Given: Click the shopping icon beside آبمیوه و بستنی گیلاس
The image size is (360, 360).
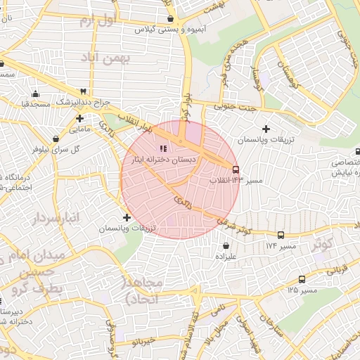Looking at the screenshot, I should [170, 18].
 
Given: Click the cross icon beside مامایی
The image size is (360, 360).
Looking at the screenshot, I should [80, 118].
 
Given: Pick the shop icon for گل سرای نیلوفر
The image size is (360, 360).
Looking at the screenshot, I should [56, 138].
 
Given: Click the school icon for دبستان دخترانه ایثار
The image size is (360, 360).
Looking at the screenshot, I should [163, 148].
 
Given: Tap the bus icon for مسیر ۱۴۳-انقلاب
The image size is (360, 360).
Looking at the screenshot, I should [235, 169].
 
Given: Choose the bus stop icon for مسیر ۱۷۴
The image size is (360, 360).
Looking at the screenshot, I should [281, 236].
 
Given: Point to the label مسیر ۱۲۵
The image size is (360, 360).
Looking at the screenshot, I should [302, 290].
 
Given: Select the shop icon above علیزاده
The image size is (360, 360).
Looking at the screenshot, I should [226, 246].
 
